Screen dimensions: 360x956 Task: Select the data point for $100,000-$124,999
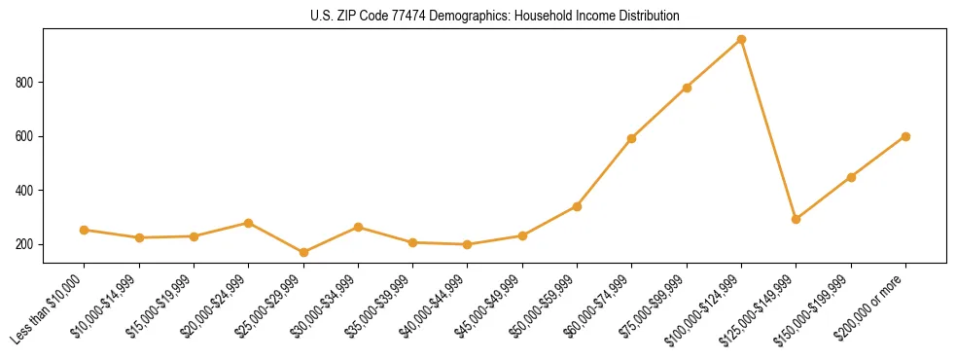click(x=741, y=40)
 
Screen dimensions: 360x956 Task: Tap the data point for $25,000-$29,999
click(x=303, y=253)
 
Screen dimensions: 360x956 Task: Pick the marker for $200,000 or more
click(x=905, y=136)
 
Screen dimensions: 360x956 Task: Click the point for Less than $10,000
click(x=85, y=230)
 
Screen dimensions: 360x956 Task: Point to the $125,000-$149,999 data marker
click(x=797, y=219)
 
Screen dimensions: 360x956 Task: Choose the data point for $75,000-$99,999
click(x=687, y=88)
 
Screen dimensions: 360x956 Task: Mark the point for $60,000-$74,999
click(x=632, y=138)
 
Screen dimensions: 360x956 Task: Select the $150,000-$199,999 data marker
click(x=851, y=177)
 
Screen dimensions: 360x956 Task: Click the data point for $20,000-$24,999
click(x=249, y=223)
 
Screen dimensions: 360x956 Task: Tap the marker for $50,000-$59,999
click(x=577, y=206)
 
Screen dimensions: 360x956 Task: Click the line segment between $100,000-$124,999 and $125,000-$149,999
click(x=768, y=129)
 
